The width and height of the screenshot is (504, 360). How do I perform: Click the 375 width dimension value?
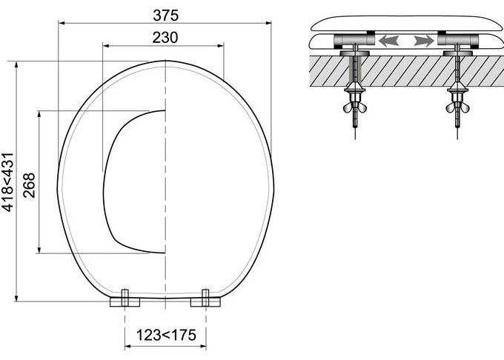click(x=165, y=16)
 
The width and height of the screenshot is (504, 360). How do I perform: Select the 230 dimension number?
click(x=165, y=38)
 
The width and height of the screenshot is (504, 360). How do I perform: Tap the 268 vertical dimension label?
click(x=29, y=185)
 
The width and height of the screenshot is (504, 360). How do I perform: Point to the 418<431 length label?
click(x=8, y=182)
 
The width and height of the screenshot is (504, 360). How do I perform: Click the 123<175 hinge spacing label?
click(x=166, y=335)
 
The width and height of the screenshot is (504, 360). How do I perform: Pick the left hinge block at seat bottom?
click(x=125, y=299)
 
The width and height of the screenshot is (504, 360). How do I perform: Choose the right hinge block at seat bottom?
click(x=205, y=299)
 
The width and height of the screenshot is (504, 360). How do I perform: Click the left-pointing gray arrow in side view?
click(x=389, y=41)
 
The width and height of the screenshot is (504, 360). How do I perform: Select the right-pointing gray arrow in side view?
click(x=424, y=41)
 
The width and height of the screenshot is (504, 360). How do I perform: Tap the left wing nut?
click(x=355, y=107)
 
